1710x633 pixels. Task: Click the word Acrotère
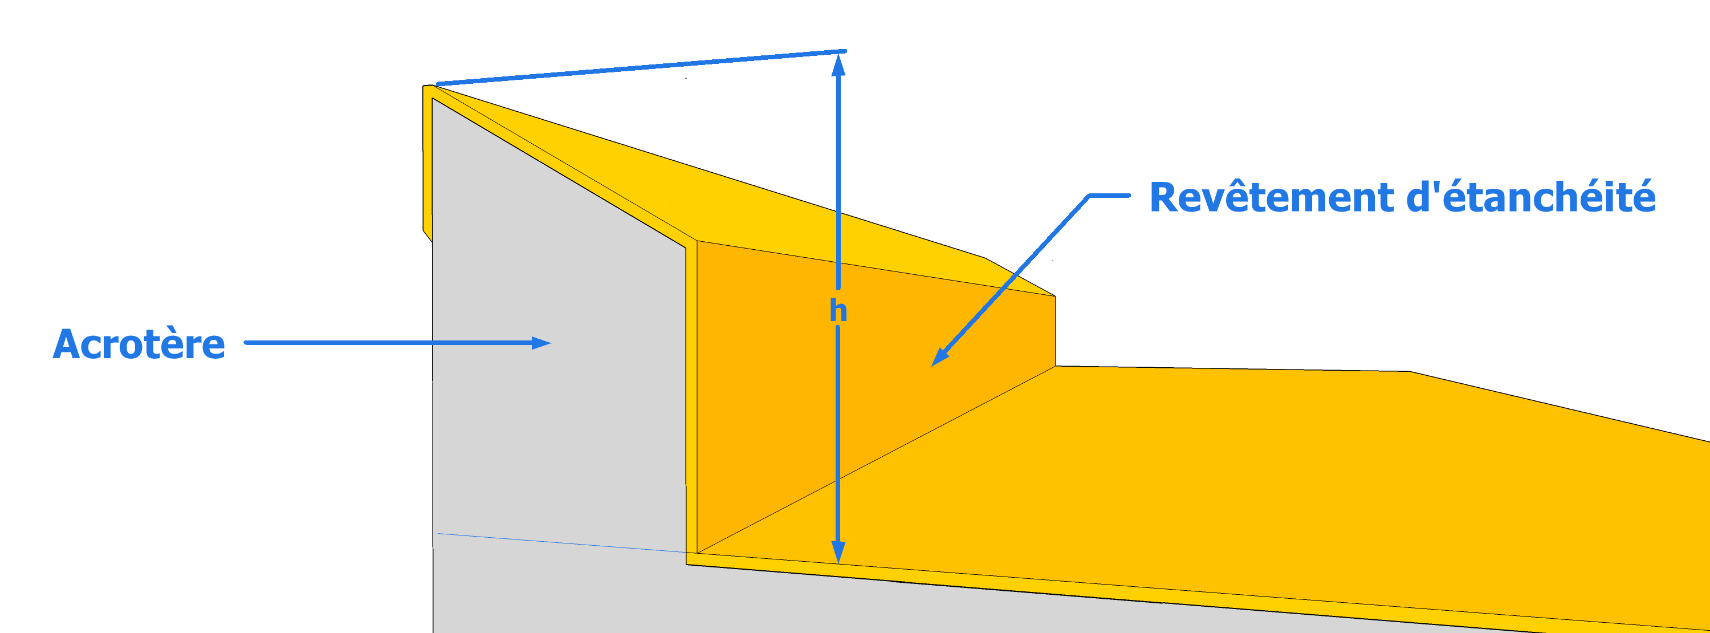pos(139,344)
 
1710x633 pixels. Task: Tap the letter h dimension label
pos(838,310)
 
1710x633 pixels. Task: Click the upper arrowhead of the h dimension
pos(838,64)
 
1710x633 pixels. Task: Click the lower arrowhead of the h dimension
pos(838,552)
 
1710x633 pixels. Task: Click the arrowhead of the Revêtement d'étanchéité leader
pos(939,358)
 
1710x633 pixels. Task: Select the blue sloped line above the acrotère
pos(641,67)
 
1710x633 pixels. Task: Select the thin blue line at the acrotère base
pos(561,543)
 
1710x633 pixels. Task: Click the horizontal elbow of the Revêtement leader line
pos(1109,195)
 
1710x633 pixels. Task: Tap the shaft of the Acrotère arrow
pos(388,343)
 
